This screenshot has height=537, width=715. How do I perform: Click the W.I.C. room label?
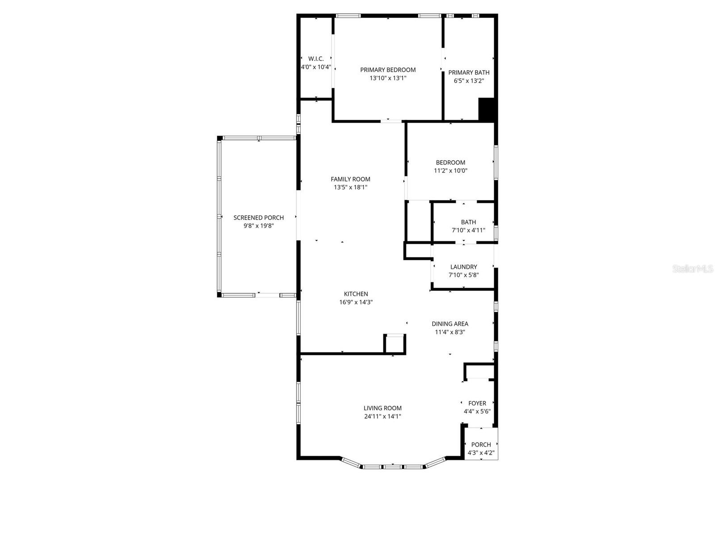click(316, 59)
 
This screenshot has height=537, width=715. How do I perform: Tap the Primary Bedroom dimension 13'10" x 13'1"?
click(388, 78)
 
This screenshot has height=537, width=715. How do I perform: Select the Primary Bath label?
click(469, 72)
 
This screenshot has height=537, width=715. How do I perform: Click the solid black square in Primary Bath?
click(486, 109)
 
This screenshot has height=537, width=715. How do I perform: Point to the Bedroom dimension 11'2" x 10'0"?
click(450, 171)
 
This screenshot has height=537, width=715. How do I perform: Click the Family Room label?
click(350, 179)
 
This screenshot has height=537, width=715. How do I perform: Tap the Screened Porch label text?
click(258, 218)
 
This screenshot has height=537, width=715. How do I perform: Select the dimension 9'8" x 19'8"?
click(258, 226)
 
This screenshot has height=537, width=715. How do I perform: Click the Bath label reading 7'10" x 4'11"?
click(468, 230)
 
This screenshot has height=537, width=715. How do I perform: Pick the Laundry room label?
click(463, 267)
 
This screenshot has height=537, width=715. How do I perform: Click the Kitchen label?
click(356, 294)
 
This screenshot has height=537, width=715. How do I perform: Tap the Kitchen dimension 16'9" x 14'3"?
click(356, 303)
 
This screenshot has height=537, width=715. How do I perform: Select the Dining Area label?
click(450, 324)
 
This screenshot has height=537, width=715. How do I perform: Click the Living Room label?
click(383, 408)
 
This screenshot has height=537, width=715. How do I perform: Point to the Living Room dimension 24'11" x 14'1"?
click(383, 417)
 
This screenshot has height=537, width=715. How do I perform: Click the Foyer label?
click(477, 404)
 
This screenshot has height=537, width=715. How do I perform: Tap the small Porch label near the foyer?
click(481, 445)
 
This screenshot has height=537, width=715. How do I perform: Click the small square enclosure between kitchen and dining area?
click(395, 344)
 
